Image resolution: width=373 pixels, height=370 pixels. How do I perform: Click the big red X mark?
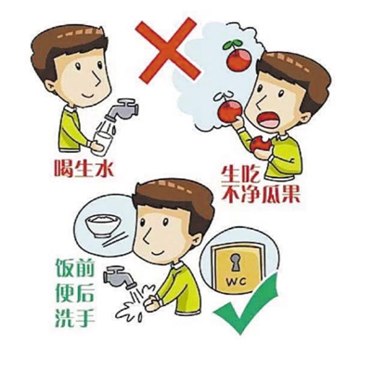click(x=167, y=50)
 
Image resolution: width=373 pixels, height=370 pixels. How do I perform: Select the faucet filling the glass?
click(x=122, y=109)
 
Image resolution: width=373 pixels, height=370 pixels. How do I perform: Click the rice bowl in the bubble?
click(x=101, y=225)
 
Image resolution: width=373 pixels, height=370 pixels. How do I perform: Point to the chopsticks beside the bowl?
click(x=115, y=240)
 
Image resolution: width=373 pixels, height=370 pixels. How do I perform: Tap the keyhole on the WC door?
click(x=234, y=263)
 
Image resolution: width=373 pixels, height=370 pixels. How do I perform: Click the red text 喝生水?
click(x=84, y=168)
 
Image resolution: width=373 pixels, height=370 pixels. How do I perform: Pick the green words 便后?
click(x=74, y=292)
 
